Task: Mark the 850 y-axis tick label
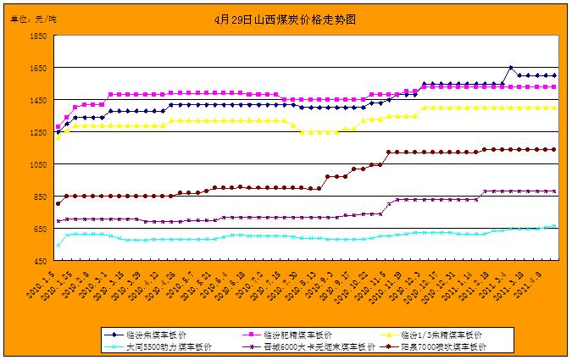coord(39,197)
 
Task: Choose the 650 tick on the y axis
coord(39,230)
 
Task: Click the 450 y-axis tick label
coord(39,262)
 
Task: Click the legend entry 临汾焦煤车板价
coord(153,334)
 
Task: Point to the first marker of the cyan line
coord(58,245)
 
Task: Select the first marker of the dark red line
coord(58,203)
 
